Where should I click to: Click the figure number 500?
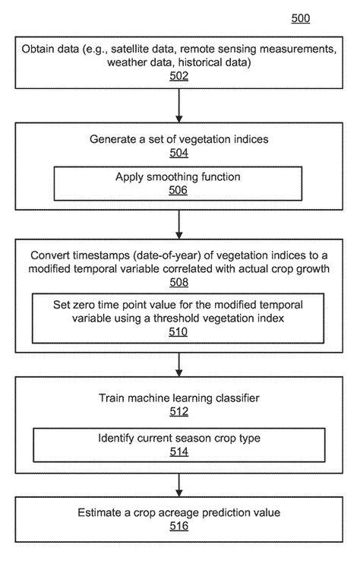pyautogui.click(x=301, y=18)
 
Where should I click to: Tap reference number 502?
pyautogui.click(x=179, y=76)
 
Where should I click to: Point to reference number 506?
pyautogui.click(x=178, y=190)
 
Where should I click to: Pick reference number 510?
pyautogui.click(x=179, y=331)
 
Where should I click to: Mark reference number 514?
pyautogui.click(x=178, y=451)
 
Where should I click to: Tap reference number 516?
pyautogui.click(x=179, y=525)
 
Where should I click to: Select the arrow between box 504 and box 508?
pyautogui.click(x=179, y=223)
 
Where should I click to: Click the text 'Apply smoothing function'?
pyautogui.click(x=178, y=176)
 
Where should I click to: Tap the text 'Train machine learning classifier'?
pyautogui.click(x=179, y=398)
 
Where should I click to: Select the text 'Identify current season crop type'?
pyautogui.click(x=178, y=438)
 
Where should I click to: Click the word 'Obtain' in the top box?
pyautogui.click(x=42, y=49)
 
